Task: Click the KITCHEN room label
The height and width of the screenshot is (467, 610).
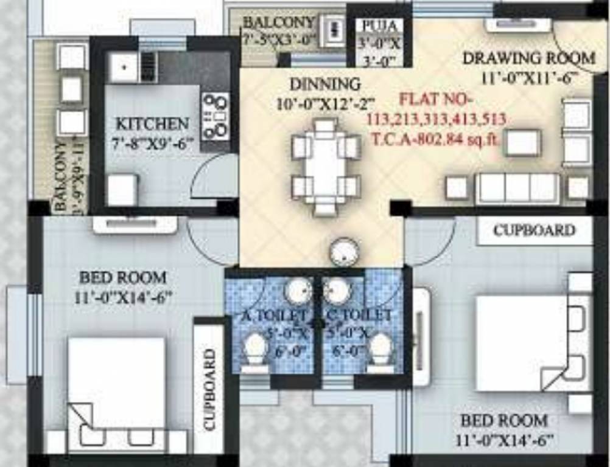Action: point(152,124)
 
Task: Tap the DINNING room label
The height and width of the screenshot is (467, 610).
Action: point(324,84)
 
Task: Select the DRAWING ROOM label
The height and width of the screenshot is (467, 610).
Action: point(528,58)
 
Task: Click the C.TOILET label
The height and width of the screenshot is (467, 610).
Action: point(359,316)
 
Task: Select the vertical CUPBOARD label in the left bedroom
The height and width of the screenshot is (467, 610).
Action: point(209,390)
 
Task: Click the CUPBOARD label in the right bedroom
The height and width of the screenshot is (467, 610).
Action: point(534,230)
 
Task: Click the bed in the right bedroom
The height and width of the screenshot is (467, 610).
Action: point(524,343)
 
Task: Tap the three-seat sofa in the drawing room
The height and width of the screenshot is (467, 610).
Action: point(517,189)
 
